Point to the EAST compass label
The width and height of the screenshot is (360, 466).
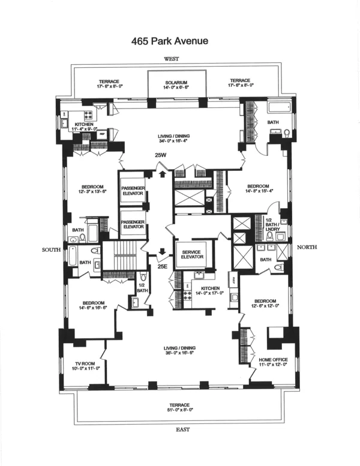[180, 429]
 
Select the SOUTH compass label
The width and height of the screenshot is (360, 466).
[50, 249]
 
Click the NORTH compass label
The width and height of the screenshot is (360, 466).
[307, 247]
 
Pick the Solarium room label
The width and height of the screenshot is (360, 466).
[177, 85]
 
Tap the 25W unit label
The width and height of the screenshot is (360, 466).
[160, 155]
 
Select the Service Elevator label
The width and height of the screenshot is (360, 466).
[190, 253]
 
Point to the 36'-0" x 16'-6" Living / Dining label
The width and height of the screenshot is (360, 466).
[179, 351]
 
